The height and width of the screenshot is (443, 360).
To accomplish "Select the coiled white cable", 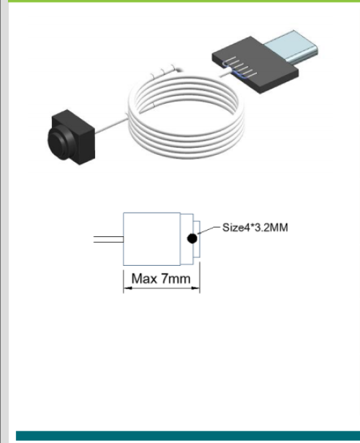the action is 186,117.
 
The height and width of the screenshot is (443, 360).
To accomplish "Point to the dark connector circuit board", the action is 255,65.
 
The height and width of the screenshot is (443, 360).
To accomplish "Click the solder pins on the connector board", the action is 240,67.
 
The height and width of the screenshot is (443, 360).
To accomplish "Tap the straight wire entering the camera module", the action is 112,125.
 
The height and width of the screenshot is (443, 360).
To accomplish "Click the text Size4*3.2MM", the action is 255,228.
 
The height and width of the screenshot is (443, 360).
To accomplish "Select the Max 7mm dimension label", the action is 161,279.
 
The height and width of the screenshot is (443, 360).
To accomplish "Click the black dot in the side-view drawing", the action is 192,238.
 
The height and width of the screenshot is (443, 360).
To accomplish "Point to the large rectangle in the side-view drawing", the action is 152,239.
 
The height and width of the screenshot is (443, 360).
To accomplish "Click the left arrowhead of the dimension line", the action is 127,288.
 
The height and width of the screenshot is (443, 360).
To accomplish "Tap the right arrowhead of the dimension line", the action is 195,288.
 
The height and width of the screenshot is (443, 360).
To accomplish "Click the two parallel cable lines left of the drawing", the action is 109,239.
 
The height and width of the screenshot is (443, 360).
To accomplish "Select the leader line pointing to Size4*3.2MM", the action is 209,230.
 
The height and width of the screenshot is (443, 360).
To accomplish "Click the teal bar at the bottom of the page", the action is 188,435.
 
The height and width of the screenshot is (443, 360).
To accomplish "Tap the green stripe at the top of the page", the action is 184,1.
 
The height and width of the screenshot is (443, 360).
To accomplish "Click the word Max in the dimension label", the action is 144,279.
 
